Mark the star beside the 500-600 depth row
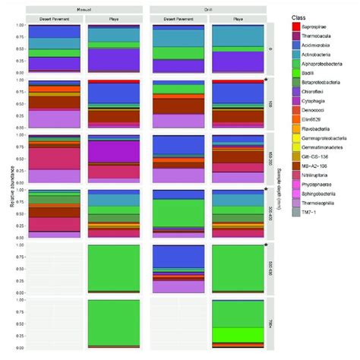point(267,245)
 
